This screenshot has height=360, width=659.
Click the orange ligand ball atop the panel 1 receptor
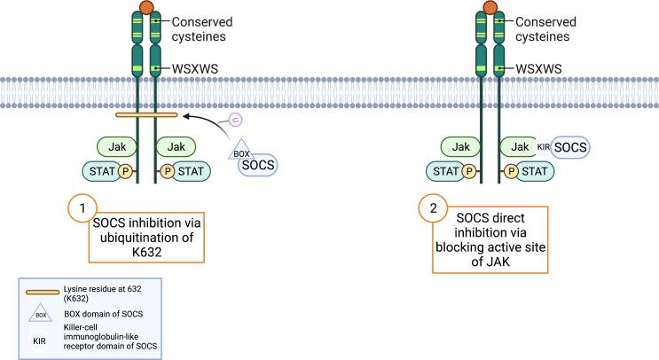[146, 7]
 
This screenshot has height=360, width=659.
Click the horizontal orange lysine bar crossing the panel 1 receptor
[145, 114]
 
